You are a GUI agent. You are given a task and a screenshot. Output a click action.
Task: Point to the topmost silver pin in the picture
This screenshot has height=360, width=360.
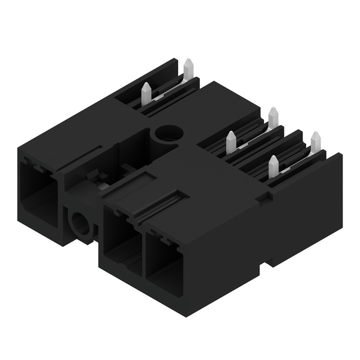pos(188,68)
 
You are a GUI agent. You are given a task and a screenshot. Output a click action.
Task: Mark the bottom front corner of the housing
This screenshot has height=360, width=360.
pos(186,315)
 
